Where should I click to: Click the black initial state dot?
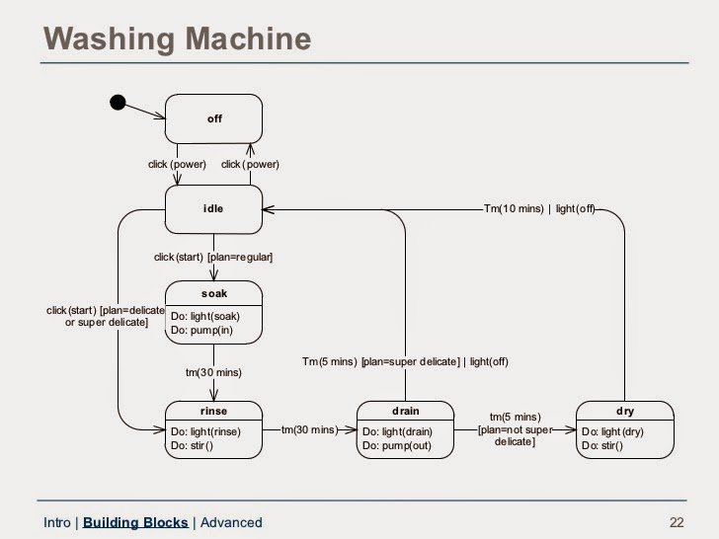click(118, 103)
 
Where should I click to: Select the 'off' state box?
click(213, 119)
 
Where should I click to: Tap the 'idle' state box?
click(213, 209)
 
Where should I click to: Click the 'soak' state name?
click(214, 293)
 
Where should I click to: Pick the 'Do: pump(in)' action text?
click(201, 330)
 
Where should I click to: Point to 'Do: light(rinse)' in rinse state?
click(205, 431)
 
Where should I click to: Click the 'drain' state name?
click(405, 411)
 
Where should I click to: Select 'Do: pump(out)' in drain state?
click(397, 445)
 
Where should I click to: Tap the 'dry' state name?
click(625, 411)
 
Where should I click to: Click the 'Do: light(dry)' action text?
click(612, 431)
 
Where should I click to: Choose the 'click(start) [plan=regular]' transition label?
click(213, 257)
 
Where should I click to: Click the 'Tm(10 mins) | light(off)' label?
click(539, 209)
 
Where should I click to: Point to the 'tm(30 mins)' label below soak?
click(213, 372)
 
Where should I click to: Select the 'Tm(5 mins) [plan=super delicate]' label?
click(380, 361)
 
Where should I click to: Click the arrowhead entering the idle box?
click(269, 210)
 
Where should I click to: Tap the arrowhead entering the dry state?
click(571, 430)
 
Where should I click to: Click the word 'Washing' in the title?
click(109, 38)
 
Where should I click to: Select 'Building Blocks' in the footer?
click(135, 522)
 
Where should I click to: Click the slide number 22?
click(677, 522)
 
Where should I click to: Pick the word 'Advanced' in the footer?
click(231, 522)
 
